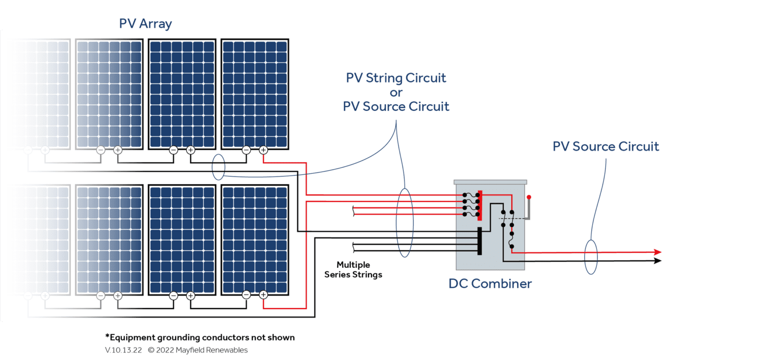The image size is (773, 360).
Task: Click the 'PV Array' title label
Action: point(145,24)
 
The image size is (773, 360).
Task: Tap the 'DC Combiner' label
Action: point(490,283)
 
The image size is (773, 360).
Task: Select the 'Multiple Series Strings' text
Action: point(353,269)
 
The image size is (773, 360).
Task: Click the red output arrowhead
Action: point(657,252)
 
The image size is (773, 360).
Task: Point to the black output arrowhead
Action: point(657,261)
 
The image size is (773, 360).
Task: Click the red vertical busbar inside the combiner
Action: point(480,205)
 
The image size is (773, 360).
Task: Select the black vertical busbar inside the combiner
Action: point(480,241)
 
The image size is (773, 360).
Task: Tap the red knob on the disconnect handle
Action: point(529,197)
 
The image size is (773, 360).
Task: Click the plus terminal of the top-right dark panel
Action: point(263,150)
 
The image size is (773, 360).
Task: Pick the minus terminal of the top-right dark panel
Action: point(246,150)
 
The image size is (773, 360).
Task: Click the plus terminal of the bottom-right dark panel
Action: point(263,296)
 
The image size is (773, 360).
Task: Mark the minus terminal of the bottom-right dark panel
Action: point(246,296)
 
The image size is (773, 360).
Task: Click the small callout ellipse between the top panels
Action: point(218,167)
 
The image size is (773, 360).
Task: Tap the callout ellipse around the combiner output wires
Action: point(591,256)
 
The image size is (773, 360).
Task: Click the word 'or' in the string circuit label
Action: point(396,92)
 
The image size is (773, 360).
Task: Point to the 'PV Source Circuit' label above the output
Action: point(605,147)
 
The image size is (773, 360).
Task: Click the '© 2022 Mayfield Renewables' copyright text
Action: point(198,350)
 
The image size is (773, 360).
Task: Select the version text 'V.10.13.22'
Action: point(123,350)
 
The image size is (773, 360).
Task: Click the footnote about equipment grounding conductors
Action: point(200,337)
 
